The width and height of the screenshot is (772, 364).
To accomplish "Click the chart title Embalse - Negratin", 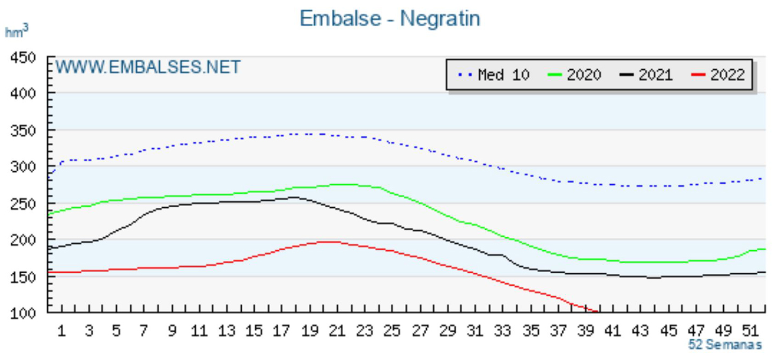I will click(x=389, y=19).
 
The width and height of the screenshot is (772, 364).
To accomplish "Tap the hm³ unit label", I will click(x=16, y=31).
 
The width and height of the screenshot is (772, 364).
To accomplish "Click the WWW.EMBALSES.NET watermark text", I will click(x=148, y=68).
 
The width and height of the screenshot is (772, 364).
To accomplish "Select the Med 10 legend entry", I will click(x=494, y=75).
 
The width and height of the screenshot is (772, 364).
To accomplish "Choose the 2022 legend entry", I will click(x=718, y=75).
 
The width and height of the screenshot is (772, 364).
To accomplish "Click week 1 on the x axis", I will click(x=61, y=331).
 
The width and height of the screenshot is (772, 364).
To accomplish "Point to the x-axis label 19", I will click(x=310, y=331).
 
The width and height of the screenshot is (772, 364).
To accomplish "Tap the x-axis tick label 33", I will click(x=503, y=331).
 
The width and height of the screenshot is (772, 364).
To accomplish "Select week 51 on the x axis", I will click(x=751, y=331).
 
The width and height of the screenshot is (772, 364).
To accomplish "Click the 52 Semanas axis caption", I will click(x=725, y=345).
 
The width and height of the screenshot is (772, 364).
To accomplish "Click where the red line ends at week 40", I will click(x=597, y=311).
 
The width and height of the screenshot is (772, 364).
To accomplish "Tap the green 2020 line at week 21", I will click(x=337, y=185).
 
